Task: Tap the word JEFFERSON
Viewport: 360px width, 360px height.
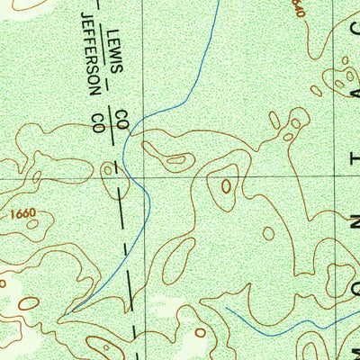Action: point(89,53)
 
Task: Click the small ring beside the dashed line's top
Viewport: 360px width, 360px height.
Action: point(108,168)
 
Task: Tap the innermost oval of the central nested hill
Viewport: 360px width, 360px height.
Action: point(226,186)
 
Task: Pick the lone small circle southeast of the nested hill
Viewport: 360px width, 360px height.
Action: point(268,233)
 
